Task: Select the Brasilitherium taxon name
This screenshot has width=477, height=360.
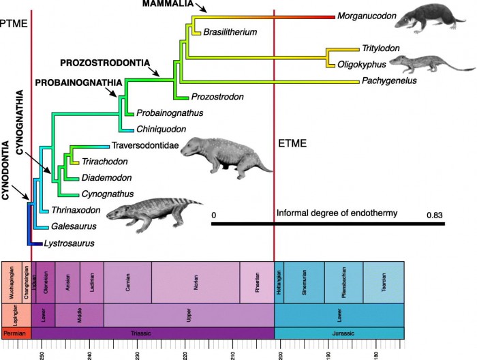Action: pos(230,32)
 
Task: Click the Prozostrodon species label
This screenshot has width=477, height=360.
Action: pos(217,97)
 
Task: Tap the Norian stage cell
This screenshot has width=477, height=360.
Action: pos(195,279)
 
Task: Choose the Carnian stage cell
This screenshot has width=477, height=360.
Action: pos(127,279)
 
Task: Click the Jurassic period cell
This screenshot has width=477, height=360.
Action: pos(339,333)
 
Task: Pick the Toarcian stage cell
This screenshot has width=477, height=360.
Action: pos(384,279)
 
